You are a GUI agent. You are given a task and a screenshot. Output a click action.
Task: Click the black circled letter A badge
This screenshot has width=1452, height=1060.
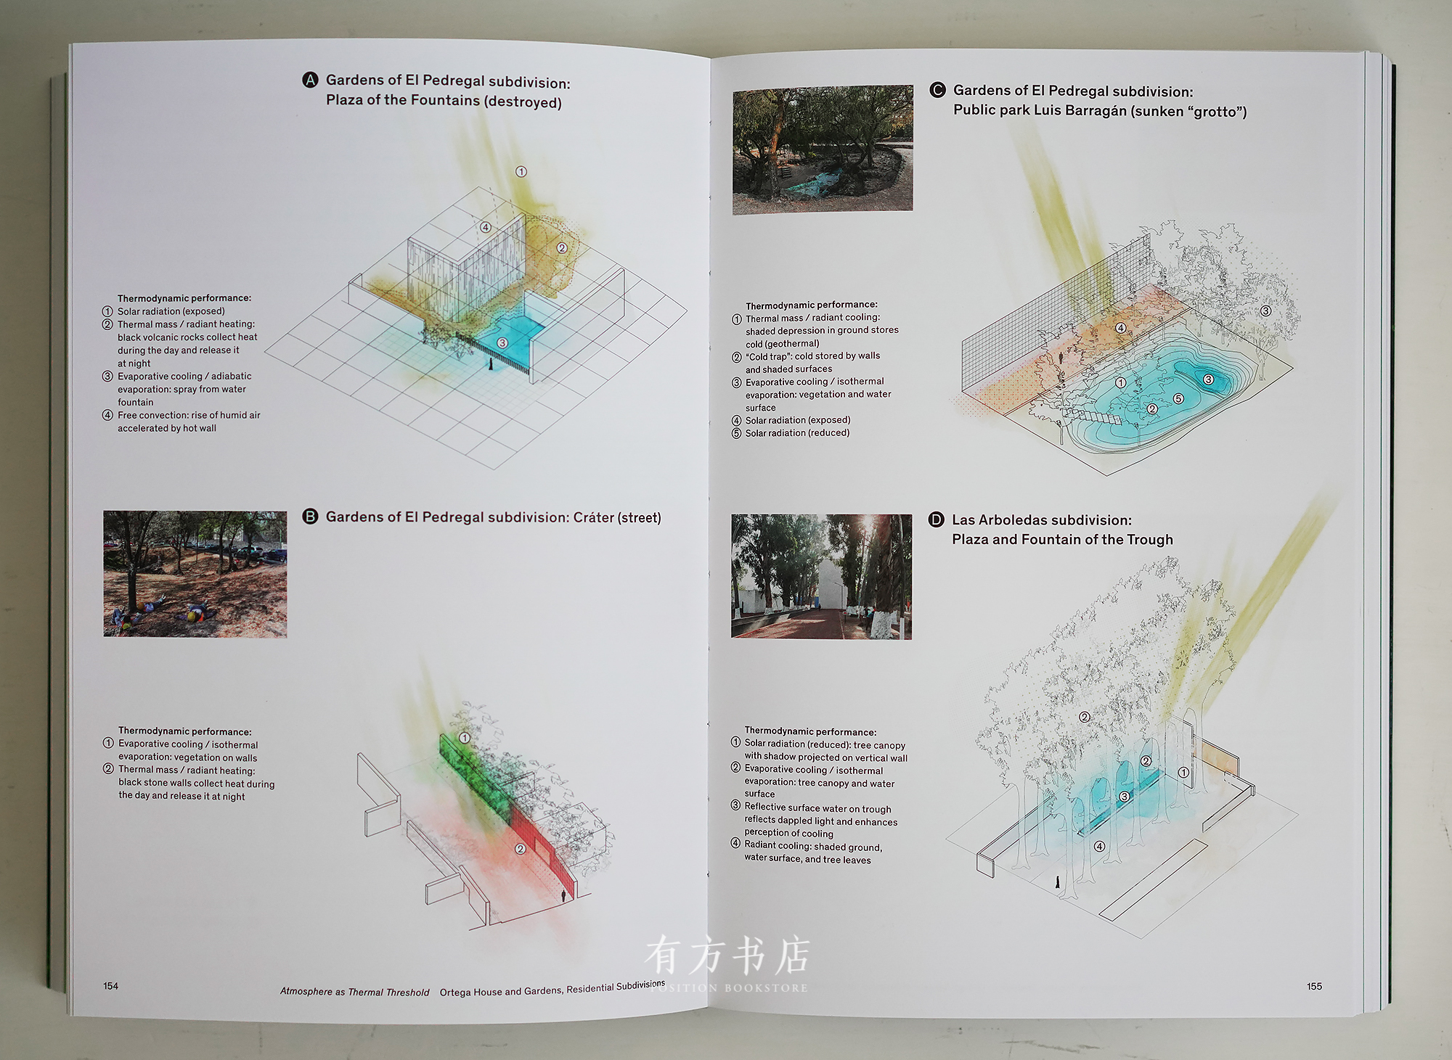click(x=310, y=80)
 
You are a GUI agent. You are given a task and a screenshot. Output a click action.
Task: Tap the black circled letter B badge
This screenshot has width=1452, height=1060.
click(x=310, y=517)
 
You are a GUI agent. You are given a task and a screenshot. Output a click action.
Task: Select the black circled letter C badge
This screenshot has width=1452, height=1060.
click(x=937, y=90)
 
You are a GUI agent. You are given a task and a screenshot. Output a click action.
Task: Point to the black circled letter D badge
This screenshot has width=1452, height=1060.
click(x=937, y=519)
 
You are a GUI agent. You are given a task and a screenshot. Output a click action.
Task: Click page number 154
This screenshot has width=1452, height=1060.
click(x=110, y=986)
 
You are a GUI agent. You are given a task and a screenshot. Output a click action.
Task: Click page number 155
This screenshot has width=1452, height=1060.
click(x=1314, y=987)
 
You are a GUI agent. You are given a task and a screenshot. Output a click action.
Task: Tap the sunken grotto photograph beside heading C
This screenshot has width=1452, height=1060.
click(x=823, y=149)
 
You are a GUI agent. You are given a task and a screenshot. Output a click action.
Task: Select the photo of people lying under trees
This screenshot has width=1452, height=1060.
click(x=195, y=574)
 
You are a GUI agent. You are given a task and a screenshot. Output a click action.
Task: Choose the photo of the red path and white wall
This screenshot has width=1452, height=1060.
click(x=821, y=577)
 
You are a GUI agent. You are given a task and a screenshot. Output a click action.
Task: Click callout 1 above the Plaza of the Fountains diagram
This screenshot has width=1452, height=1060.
click(x=521, y=172)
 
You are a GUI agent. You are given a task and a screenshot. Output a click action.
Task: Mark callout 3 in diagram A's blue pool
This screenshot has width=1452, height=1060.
click(x=502, y=342)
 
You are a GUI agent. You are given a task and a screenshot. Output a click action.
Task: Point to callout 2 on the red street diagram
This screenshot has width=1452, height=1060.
click(x=521, y=849)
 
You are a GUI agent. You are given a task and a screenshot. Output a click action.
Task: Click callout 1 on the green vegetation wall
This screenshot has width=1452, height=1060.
click(x=465, y=738)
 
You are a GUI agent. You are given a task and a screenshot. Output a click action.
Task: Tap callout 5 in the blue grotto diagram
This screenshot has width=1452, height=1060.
click(x=1178, y=399)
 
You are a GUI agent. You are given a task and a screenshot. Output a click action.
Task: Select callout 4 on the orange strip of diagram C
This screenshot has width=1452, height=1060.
click(x=1121, y=329)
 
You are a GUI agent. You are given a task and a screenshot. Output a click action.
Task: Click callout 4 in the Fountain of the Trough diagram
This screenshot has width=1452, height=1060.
click(x=1100, y=847)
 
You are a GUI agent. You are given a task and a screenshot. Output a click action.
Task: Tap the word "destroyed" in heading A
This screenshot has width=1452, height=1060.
click(x=523, y=102)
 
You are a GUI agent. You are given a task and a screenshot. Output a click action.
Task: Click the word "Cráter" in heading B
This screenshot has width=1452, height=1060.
click(x=593, y=517)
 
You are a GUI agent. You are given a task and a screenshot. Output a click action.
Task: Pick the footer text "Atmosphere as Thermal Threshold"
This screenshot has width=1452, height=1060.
click(x=354, y=992)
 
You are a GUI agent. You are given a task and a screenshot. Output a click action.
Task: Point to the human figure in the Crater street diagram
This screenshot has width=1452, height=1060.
click(x=563, y=897)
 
